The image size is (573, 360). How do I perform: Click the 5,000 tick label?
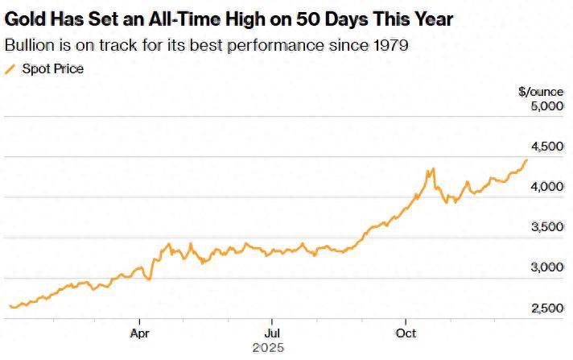[x=546, y=106]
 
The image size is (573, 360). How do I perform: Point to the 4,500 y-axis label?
[x=546, y=146]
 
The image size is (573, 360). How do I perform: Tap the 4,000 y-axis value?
[x=546, y=186]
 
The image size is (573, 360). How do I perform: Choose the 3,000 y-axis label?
[x=546, y=267]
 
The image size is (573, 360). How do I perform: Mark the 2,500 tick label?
[x=546, y=308]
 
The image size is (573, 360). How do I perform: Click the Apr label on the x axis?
[x=140, y=332]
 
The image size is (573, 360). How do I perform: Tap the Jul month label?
[x=273, y=332]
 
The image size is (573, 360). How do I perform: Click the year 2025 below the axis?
[x=267, y=349]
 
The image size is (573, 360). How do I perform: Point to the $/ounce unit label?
[x=536, y=91]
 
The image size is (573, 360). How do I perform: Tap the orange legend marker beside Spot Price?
[x=10, y=68]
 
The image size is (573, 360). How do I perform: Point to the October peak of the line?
[x=433, y=168]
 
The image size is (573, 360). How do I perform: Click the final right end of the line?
[x=527, y=159]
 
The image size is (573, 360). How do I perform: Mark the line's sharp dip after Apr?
[x=149, y=279]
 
